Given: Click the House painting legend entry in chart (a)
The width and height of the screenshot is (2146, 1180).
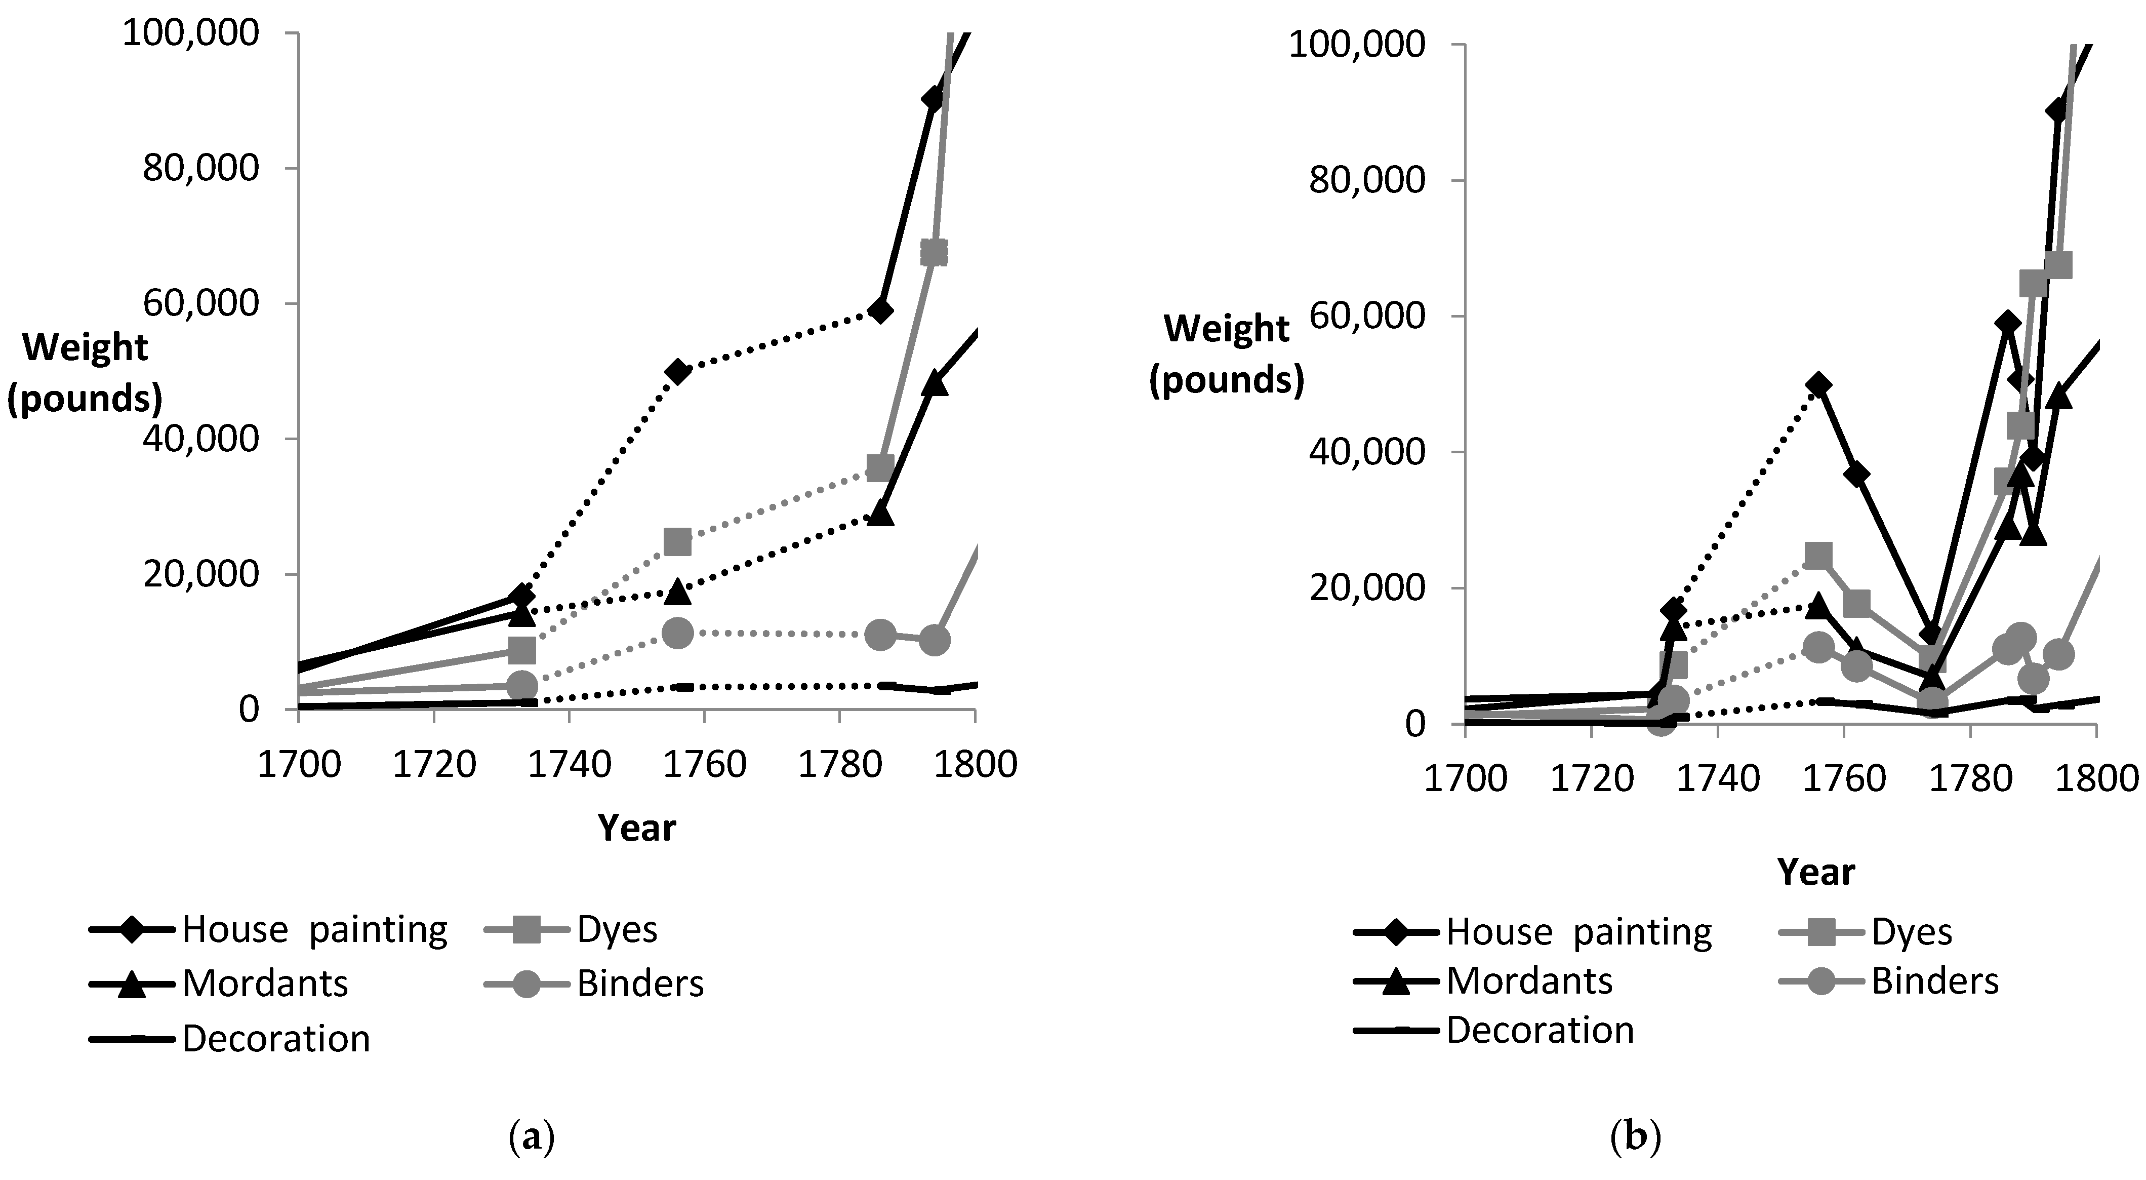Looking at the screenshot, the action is [x=268, y=929].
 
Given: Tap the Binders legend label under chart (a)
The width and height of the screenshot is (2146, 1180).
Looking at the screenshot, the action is [x=640, y=984].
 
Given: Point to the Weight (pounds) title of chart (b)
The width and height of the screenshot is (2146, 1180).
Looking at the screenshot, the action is [x=1226, y=354].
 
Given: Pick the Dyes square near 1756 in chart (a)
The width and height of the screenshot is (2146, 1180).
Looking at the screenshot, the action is [x=677, y=542].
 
